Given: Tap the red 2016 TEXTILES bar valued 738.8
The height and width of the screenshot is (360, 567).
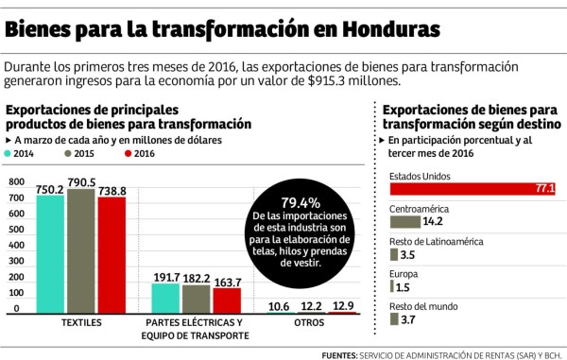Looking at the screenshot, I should tap(111, 254).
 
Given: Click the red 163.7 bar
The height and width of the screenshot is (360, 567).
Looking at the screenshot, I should tap(227, 300).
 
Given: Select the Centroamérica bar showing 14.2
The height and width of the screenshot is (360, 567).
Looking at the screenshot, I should tap(404, 222).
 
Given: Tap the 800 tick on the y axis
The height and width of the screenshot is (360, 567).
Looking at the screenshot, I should tap(15, 182).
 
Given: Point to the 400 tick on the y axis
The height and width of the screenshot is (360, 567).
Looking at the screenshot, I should tap(15, 246).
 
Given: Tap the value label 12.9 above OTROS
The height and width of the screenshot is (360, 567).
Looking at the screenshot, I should tap(345, 305).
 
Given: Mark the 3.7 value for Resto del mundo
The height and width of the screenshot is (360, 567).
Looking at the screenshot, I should tap(408, 319).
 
